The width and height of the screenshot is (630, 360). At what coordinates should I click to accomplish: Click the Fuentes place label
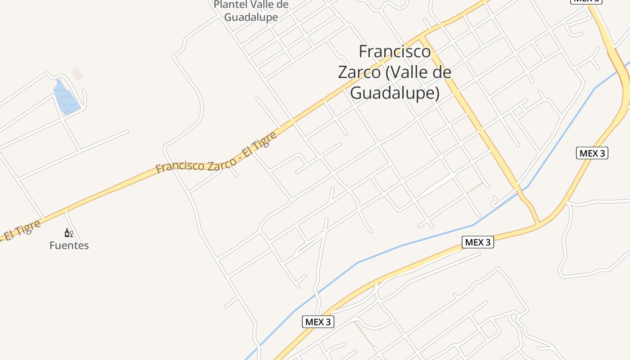pos(69,246)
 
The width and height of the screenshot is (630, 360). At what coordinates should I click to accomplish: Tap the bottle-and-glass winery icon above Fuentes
pos(68,233)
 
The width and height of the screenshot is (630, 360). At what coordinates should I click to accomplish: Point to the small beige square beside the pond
pos(77,74)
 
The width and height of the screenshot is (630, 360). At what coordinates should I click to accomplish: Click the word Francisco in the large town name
pos(394,52)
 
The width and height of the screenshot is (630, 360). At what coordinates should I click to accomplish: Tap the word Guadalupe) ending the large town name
pos(394,93)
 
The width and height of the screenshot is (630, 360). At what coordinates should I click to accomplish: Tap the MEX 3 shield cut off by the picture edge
pos(586,1)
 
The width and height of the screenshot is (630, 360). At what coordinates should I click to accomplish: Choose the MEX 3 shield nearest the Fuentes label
pos(318,322)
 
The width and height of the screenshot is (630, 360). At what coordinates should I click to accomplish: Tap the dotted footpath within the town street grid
pos(474,189)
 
